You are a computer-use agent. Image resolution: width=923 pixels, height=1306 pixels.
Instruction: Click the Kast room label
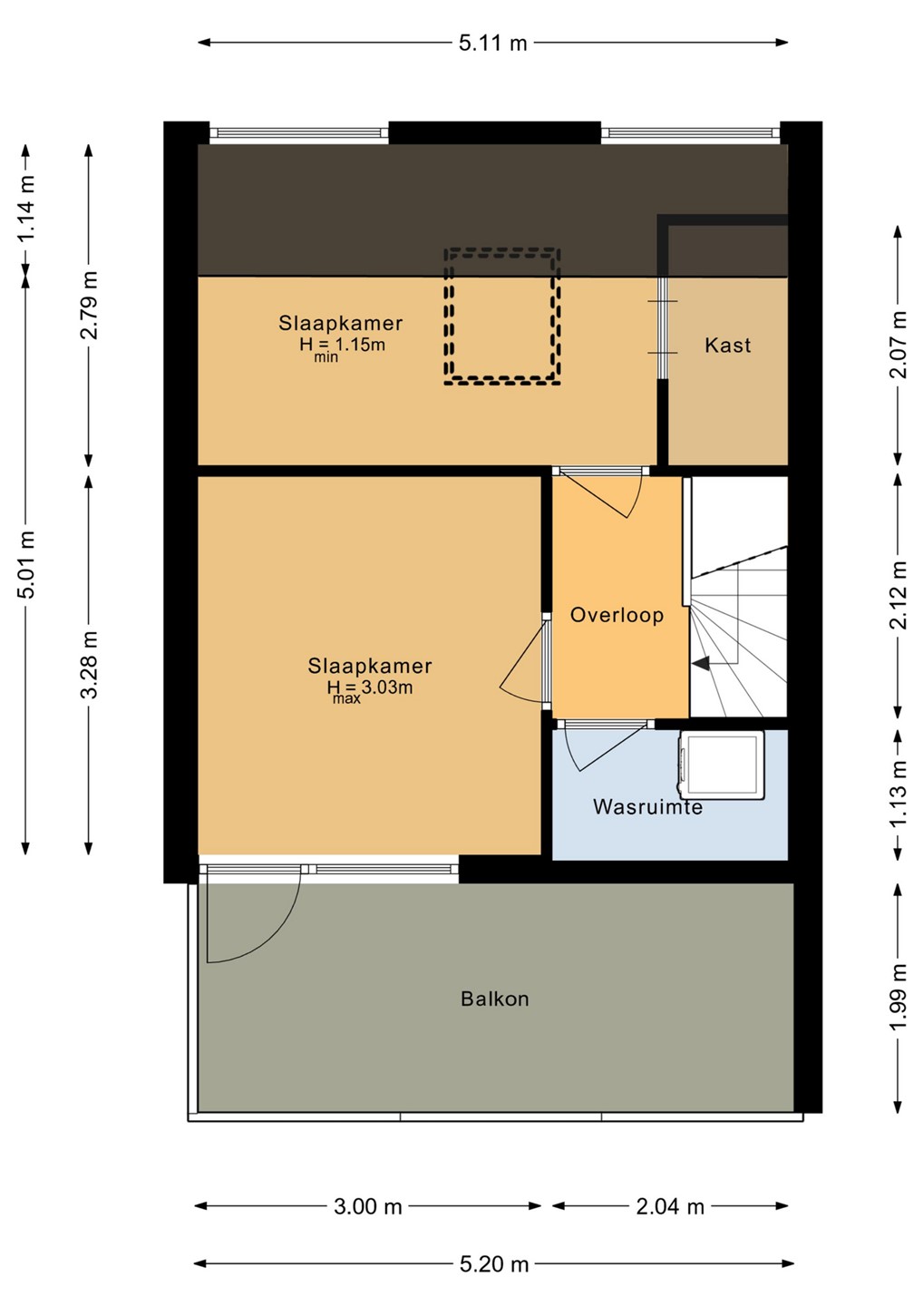point(727,346)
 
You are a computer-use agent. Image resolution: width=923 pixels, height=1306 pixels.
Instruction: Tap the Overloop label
point(617,615)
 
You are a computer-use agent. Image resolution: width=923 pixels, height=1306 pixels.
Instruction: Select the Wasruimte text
point(647,807)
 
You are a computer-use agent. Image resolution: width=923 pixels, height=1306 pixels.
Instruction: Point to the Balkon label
point(495,999)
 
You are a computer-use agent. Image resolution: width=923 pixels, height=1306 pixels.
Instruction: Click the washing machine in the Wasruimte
point(721,765)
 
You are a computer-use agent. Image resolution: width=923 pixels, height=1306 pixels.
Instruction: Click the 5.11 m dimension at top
point(492,44)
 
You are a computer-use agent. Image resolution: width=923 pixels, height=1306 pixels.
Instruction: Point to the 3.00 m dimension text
point(368,1205)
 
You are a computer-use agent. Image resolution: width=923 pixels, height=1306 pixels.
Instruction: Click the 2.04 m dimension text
point(670,1205)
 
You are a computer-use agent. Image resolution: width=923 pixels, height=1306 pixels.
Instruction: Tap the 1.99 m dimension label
point(898,997)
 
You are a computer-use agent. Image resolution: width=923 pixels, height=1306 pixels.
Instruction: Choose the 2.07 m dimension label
point(898,345)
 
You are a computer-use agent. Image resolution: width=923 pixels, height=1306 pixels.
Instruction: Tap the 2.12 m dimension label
point(898,595)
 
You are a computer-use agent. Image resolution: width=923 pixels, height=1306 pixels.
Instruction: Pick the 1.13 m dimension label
point(898,793)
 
